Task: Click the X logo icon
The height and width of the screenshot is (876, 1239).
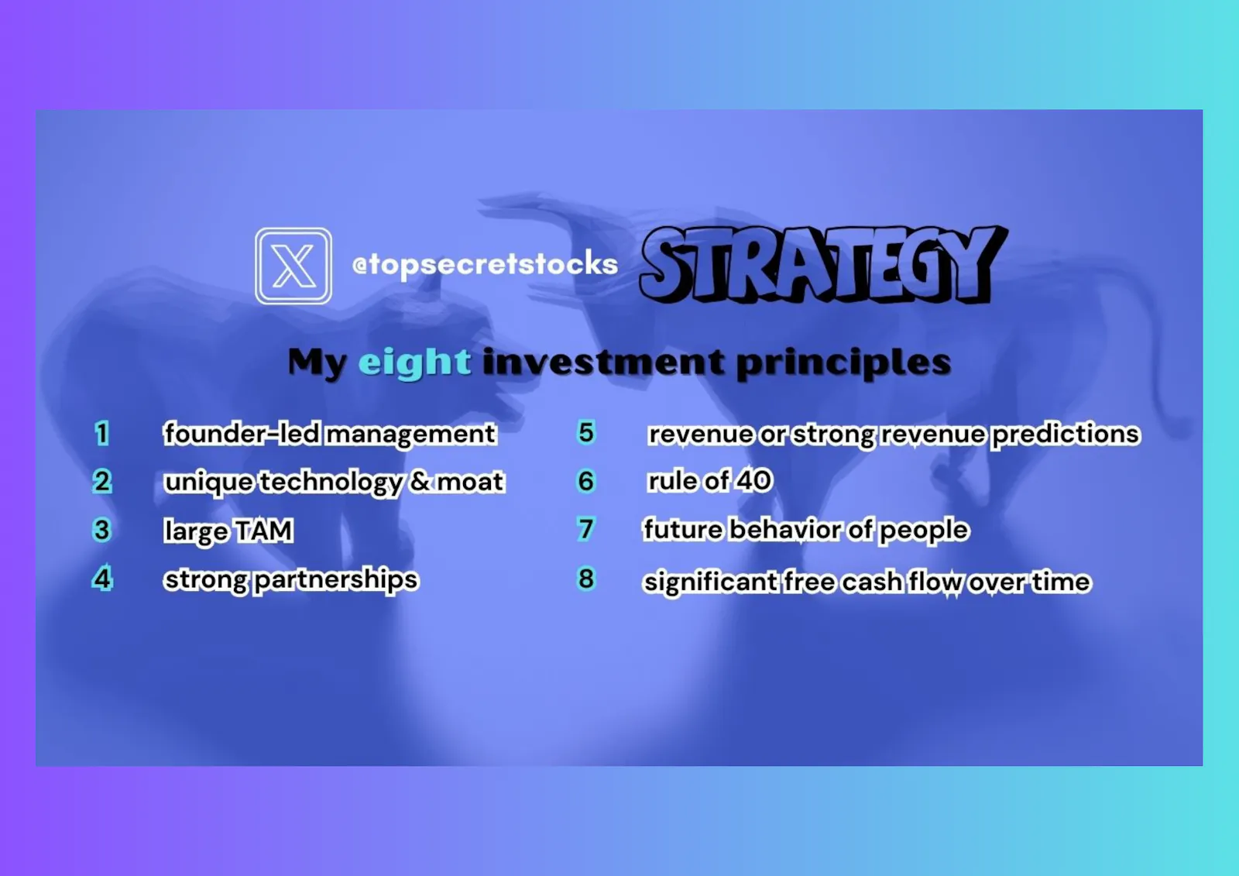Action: [293, 266]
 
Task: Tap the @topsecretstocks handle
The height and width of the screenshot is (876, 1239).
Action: [485, 264]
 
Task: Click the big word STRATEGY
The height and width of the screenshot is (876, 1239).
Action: [823, 264]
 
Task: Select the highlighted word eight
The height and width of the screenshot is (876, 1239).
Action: [415, 362]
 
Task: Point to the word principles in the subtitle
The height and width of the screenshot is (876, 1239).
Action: [844, 363]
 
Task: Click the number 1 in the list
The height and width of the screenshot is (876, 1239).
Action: [101, 433]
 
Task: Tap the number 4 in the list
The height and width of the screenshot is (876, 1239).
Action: [102, 579]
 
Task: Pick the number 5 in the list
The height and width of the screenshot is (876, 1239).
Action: [586, 432]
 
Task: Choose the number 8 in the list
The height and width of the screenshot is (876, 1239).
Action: [586, 579]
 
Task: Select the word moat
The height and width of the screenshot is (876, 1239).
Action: [470, 482]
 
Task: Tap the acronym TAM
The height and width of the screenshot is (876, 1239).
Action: [263, 530]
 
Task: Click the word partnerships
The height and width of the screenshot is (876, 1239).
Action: [336, 580]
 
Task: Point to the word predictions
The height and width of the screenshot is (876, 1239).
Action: [1066, 434]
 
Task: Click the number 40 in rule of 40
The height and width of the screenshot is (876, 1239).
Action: [753, 480]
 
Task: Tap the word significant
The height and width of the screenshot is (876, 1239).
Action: [710, 582]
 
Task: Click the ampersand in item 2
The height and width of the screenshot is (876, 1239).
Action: [420, 481]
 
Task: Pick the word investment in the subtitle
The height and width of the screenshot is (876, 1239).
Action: [604, 362]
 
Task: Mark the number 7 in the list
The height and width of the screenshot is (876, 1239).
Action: [586, 529]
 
